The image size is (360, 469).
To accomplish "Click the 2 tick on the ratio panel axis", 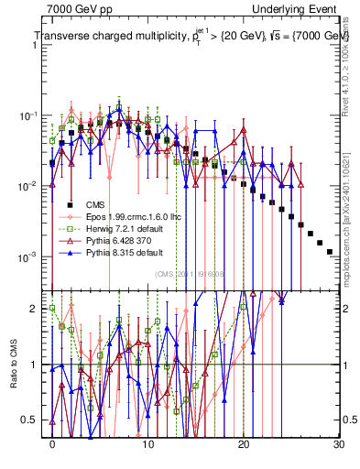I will pos(35,309).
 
